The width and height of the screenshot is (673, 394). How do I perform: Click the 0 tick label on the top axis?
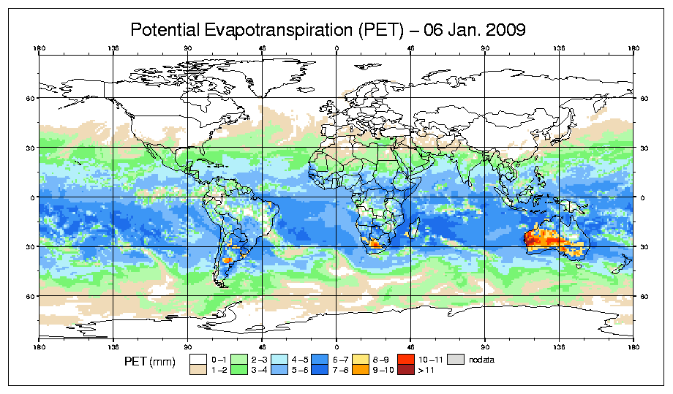tap(336, 50)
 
